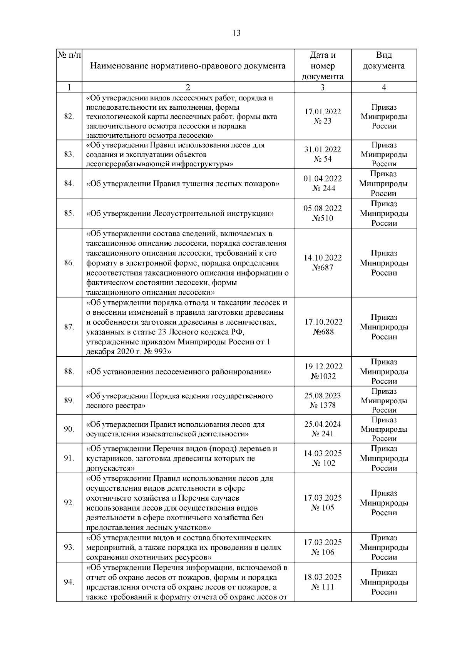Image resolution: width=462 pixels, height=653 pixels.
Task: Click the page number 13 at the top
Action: coord(236,33)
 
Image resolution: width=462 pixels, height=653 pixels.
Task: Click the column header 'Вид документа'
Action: coord(384,60)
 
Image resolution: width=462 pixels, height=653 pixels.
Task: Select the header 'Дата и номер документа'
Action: coord(322,65)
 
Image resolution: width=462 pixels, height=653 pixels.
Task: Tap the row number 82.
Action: coord(69,117)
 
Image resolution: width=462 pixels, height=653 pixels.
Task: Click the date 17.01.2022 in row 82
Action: coord(323,112)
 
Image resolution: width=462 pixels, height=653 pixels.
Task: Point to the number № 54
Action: coord(323,159)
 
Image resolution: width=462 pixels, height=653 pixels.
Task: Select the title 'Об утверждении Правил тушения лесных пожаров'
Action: coord(183,184)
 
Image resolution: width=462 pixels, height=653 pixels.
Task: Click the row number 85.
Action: coord(69,213)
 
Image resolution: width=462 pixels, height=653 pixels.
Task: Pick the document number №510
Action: coord(323,218)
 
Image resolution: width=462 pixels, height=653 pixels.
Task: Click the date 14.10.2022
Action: coord(323,258)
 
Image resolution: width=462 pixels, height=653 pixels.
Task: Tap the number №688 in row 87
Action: coord(323,332)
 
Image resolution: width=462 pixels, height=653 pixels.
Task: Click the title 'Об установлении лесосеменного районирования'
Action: coord(179,372)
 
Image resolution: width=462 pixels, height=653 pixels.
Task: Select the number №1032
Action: coord(323,376)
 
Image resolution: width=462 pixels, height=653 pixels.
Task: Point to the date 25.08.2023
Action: coord(323,396)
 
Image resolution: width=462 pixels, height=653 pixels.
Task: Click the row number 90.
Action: coord(69,429)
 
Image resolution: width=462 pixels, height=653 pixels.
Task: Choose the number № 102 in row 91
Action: coord(323,463)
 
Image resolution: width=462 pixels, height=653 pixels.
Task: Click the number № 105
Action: coord(323,508)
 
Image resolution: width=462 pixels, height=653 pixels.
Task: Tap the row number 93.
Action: coord(69,547)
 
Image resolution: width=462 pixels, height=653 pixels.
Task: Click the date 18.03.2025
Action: coord(323,577)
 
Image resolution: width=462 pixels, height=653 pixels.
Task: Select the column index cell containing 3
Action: coord(322,87)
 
